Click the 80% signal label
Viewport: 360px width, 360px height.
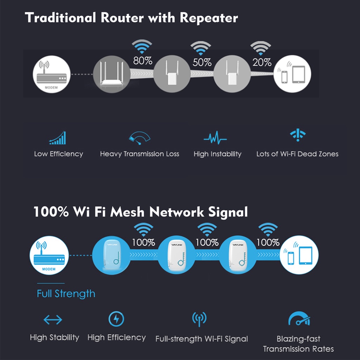[142, 61]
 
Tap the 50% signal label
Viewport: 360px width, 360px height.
[202, 63]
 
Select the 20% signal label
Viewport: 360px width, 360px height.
[262, 63]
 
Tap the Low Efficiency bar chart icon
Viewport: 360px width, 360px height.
[58, 138]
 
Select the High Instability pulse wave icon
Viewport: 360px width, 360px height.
[215, 138]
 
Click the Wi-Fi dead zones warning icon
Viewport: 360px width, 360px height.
[297, 135]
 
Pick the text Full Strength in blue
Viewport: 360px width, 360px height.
[66, 294]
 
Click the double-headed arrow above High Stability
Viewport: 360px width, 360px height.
[53, 320]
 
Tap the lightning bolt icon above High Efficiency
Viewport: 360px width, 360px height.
[116, 319]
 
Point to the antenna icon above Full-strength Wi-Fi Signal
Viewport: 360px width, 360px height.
[199, 319]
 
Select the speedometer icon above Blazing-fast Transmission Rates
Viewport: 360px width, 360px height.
[299, 319]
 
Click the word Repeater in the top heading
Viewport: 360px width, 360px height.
[209, 18]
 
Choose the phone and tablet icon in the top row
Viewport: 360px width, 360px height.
[292, 75]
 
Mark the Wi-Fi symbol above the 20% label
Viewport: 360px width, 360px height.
[261, 48]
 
